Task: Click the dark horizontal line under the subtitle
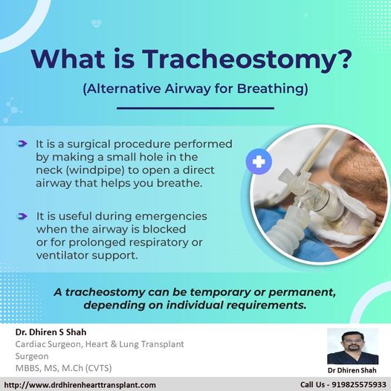coord(195,109)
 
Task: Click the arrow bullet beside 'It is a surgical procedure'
coord(22,143)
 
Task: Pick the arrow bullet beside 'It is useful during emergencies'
coord(22,216)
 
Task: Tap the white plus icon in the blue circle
coord(259,161)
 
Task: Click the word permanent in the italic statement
coord(302,292)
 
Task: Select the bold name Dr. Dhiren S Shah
coord(51,332)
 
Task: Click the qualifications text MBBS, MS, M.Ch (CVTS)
coord(64,368)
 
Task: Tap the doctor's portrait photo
coord(352,346)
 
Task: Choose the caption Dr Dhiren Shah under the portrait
coord(352,370)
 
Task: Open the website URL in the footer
coord(80,385)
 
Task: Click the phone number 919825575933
coord(359,385)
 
